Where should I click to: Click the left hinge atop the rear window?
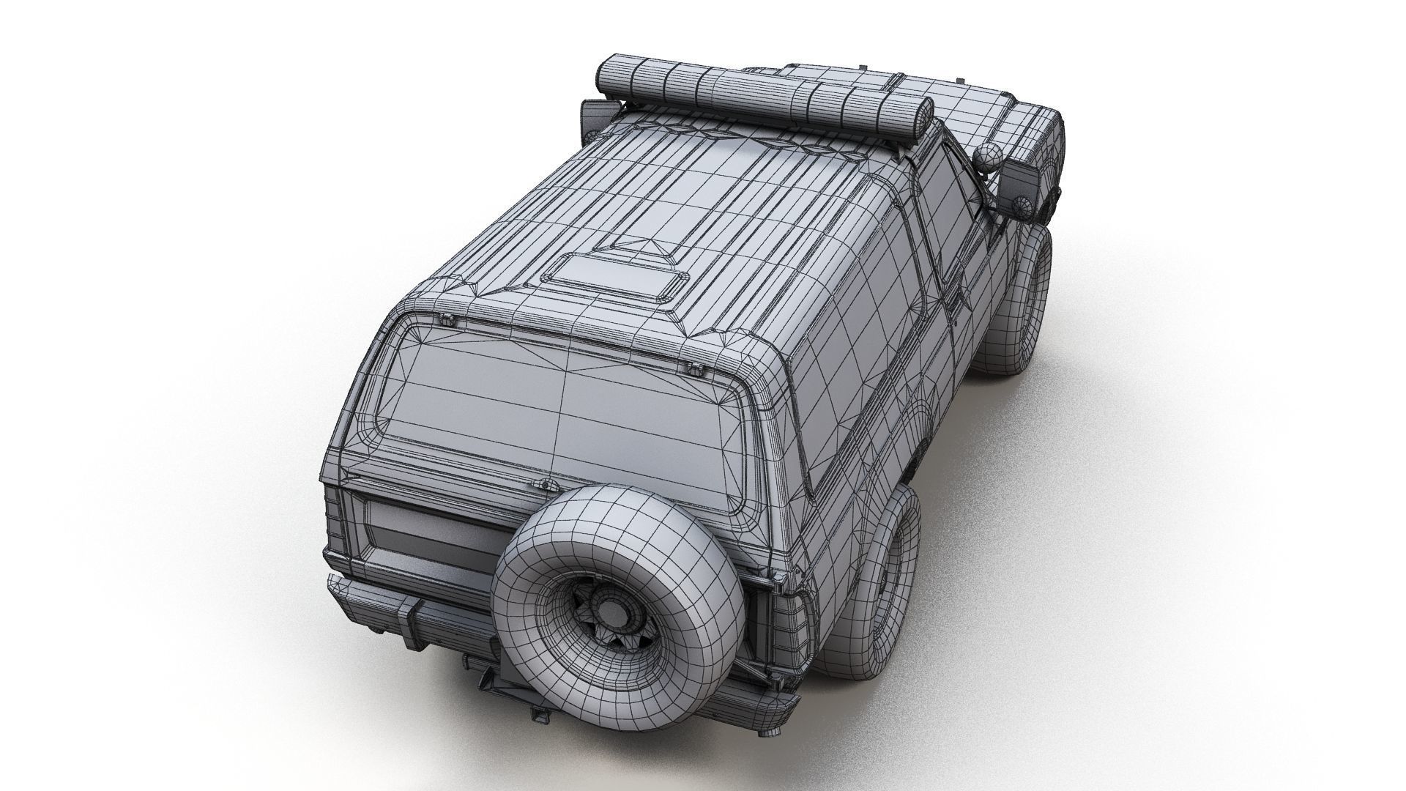[445, 319]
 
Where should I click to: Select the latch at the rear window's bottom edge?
[544, 485]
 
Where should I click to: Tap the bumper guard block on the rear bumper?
[416, 620]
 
